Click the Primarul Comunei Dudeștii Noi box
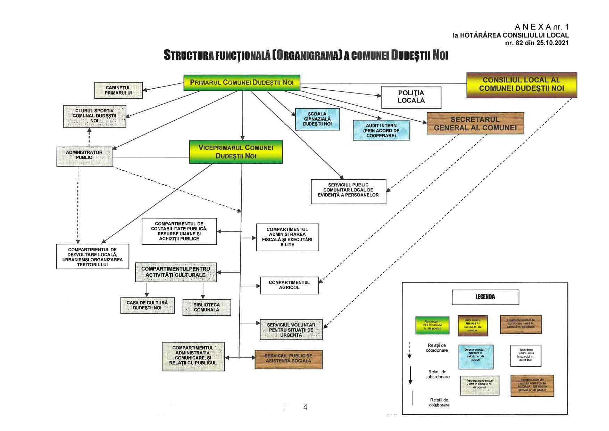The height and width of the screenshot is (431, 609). (242, 83)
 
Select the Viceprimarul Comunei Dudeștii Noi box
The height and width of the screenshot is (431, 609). (236, 152)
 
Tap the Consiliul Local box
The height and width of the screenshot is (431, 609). (522, 85)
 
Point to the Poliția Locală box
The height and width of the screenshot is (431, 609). (411, 97)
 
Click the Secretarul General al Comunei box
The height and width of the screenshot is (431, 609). (475, 123)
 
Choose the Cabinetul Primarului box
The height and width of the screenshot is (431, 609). (118, 90)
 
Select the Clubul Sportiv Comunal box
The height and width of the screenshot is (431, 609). (94, 116)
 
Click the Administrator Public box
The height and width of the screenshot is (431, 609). (84, 156)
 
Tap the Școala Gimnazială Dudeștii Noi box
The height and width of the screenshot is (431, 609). (317, 119)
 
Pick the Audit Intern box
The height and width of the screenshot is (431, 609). (381, 130)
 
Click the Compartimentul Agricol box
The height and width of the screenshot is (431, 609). (289, 285)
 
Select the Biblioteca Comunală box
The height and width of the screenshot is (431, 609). (207, 307)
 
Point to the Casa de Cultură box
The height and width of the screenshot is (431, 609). (147, 305)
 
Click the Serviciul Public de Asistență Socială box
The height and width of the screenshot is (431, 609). (289, 359)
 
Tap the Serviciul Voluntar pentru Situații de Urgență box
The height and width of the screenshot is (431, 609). (291, 330)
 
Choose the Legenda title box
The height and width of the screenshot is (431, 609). (485, 297)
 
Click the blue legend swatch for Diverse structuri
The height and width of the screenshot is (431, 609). (476, 357)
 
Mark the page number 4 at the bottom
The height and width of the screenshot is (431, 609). (305, 407)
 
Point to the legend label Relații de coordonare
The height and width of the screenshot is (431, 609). (437, 348)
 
